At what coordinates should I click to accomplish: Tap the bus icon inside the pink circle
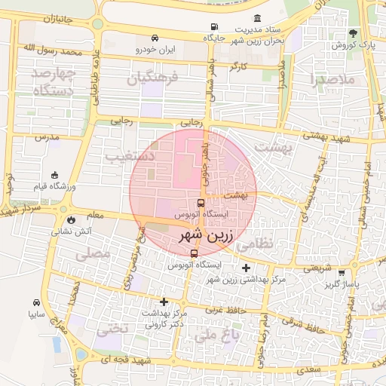pos(200,203)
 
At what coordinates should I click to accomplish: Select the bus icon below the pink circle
pos(194,253)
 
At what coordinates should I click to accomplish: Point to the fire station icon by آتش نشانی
pos(70,219)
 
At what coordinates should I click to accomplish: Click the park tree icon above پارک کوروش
pos(353,33)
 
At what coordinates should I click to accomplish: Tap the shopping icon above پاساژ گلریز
pos(342,273)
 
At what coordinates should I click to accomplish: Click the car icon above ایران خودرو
pos(155,38)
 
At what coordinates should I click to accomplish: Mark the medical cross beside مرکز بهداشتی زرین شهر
pos(246,268)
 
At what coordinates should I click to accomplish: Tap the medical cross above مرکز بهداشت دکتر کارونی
pos(164,302)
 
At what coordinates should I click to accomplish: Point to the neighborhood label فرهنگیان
pos(152,78)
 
